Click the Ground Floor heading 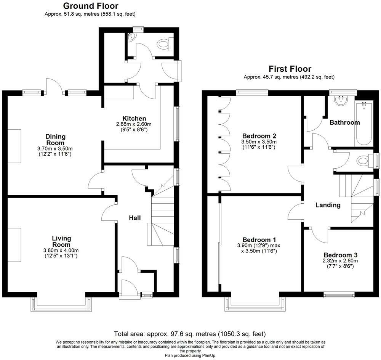(x=91, y=6)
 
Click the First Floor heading (x=290, y=69)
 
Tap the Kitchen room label (x=134, y=119)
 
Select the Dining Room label (x=55, y=140)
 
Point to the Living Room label (x=61, y=241)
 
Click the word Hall (x=135, y=218)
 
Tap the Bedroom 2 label (x=259, y=136)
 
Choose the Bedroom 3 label (x=340, y=255)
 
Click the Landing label (x=328, y=205)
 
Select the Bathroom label (x=344, y=122)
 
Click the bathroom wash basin (x=342, y=100)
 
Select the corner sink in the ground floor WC (x=132, y=37)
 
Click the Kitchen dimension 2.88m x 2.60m (x=134, y=124)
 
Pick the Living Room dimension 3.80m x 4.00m (x=61, y=250)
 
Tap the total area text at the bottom (x=190, y=333)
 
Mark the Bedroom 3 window (x=339, y=295)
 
